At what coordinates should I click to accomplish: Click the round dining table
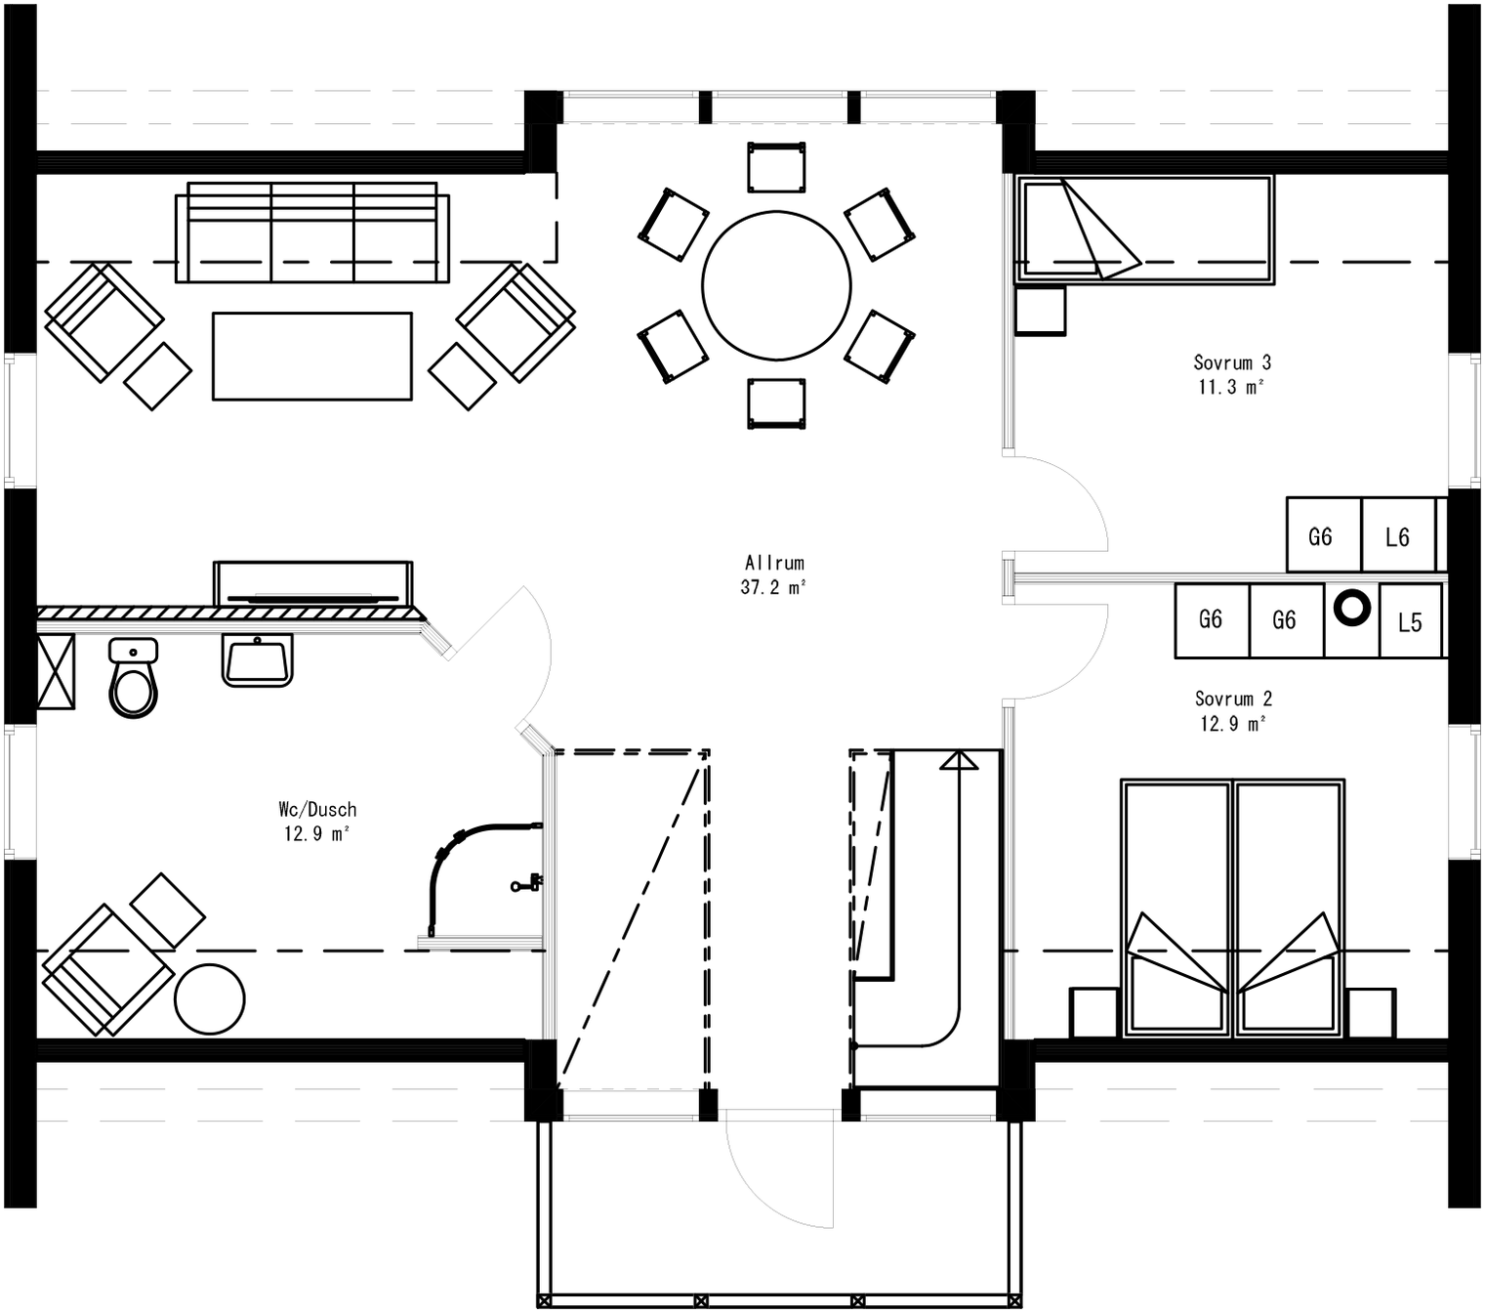pyautogui.click(x=776, y=285)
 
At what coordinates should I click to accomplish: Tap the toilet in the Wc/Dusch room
pyautogui.click(x=133, y=681)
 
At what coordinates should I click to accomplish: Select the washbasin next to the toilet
pyautogui.click(x=257, y=660)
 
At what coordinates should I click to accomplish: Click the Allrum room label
pyautogui.click(x=774, y=563)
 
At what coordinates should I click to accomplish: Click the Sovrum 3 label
pyautogui.click(x=1231, y=362)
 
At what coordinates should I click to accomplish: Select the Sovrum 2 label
pyautogui.click(x=1233, y=699)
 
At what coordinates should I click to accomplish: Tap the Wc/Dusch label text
pyautogui.click(x=317, y=809)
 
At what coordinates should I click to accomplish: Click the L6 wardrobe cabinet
pyautogui.click(x=1397, y=535)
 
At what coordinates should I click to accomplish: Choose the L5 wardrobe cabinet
pyautogui.click(x=1410, y=622)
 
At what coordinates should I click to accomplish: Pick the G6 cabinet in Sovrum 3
pyautogui.click(x=1321, y=535)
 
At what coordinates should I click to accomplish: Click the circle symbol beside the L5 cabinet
pyautogui.click(x=1352, y=608)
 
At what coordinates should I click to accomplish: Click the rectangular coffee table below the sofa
pyautogui.click(x=312, y=357)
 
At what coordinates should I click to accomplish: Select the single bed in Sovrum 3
pyautogui.click(x=1144, y=231)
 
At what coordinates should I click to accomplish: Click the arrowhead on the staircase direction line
pyautogui.click(x=959, y=760)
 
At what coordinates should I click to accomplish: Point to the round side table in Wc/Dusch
pyautogui.click(x=210, y=998)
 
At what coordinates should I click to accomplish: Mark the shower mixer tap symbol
pyautogui.click(x=526, y=884)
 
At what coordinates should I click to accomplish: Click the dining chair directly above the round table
pyautogui.click(x=776, y=167)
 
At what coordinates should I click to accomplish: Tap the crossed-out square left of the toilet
pyautogui.click(x=56, y=671)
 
